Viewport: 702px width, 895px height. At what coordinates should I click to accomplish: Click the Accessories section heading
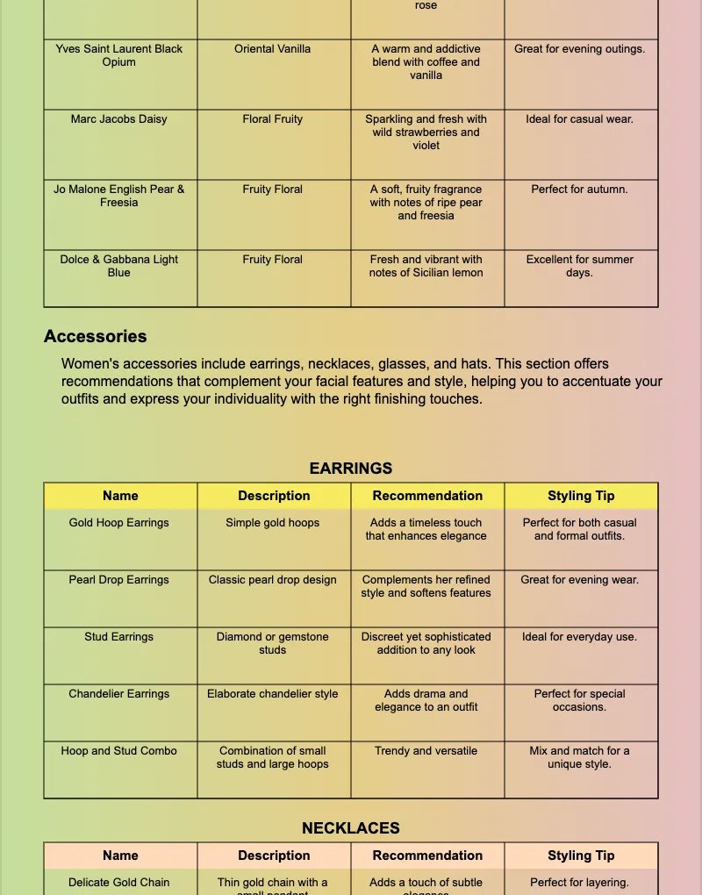(96, 336)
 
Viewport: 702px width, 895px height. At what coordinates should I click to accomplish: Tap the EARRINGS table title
(351, 469)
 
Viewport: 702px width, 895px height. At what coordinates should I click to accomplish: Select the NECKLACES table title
(351, 828)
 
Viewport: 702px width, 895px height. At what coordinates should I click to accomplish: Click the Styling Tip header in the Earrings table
(581, 496)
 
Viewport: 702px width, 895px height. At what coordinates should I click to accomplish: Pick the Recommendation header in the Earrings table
(427, 496)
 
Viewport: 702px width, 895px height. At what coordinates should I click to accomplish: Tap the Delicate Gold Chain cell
(119, 883)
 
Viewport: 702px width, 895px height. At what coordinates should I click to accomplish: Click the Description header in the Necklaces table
(274, 856)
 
